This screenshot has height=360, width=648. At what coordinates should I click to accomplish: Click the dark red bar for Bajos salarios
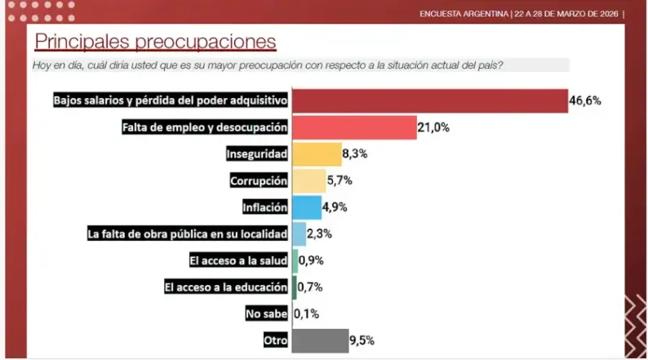(429, 100)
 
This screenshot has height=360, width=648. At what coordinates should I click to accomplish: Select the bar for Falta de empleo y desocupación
(353, 127)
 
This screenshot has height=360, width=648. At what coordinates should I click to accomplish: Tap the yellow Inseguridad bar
(316, 154)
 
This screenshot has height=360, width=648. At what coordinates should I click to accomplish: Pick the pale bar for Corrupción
(308, 180)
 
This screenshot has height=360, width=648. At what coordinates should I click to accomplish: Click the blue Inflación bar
(306, 207)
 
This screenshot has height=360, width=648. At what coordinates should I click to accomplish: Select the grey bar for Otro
(319, 340)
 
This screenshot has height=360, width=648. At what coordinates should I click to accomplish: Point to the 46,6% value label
(586, 101)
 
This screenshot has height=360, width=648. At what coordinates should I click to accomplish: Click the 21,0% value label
(434, 127)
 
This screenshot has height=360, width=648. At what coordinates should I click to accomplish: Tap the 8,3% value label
(357, 153)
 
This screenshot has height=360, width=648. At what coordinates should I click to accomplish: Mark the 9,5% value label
(362, 340)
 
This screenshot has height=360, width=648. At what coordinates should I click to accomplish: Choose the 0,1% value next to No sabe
(306, 313)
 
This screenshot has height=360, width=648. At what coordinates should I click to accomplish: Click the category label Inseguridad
(257, 154)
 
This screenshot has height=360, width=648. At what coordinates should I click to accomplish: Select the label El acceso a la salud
(226, 260)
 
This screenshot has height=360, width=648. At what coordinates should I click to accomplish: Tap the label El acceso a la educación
(226, 287)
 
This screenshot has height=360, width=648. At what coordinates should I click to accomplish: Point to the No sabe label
(266, 313)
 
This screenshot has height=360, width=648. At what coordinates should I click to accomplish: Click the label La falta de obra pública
(188, 234)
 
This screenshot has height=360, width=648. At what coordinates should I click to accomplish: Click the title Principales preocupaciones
(155, 41)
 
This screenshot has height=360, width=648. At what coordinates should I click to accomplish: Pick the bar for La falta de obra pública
(299, 234)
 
